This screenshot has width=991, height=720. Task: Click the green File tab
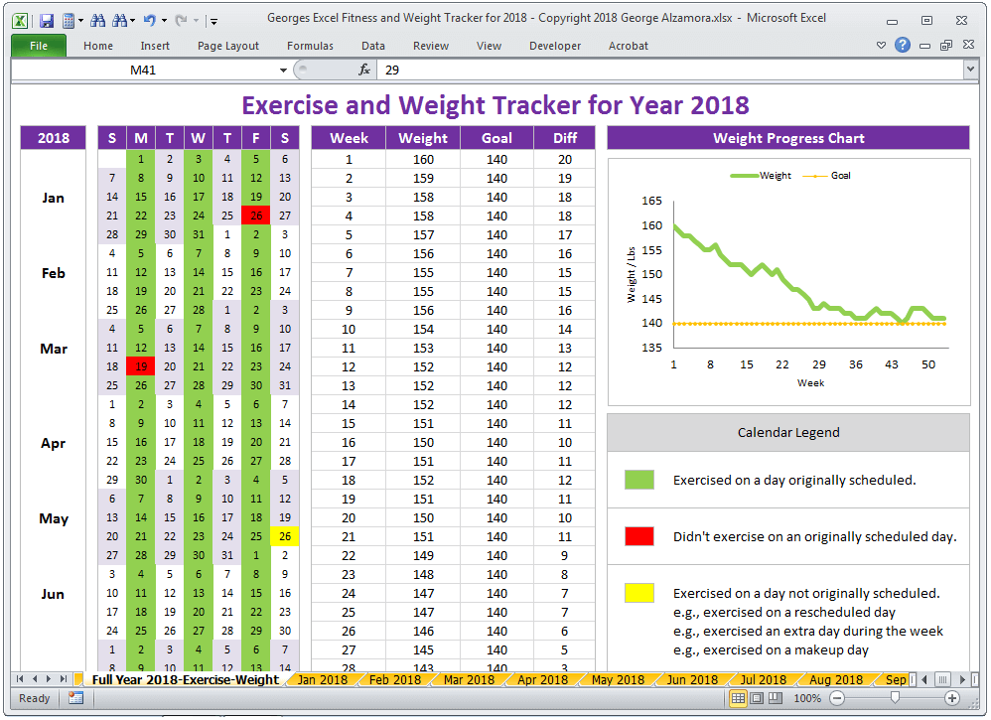point(39,46)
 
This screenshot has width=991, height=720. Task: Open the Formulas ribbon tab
point(310,46)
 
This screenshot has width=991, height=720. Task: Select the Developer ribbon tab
point(555,46)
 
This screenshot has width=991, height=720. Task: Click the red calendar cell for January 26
point(256,216)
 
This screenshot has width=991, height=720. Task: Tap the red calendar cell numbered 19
point(141,366)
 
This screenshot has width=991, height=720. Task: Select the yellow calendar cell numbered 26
point(285,536)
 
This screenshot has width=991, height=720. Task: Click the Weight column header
point(423,138)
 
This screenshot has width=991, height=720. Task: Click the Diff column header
point(564,138)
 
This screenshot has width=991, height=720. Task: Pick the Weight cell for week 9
point(423,311)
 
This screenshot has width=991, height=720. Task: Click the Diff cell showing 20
point(564,160)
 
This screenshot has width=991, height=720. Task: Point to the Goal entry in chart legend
point(827,176)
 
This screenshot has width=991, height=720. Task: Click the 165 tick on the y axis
point(651,201)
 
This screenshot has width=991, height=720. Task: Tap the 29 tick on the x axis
point(818,364)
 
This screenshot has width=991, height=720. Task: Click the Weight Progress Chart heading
point(788,138)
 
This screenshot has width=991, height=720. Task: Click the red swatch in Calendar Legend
point(638,536)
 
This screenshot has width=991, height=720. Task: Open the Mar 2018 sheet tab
point(469,679)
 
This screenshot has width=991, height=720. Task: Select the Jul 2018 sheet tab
point(763,679)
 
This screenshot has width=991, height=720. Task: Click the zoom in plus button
point(952,698)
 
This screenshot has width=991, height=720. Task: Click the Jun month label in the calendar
point(53,594)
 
